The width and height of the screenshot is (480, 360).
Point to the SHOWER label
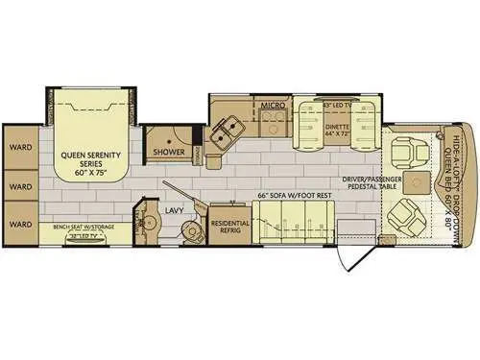coord(168,151)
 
